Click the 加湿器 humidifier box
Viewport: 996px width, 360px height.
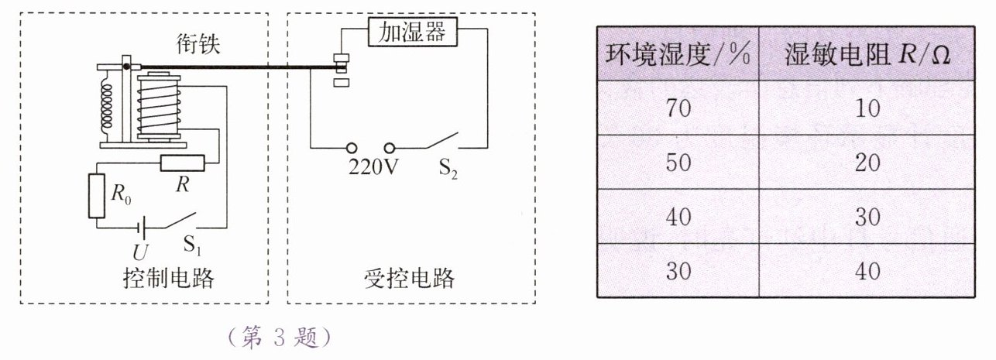click(x=412, y=33)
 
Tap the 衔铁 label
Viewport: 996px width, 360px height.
click(x=197, y=46)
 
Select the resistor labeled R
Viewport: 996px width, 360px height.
click(x=182, y=163)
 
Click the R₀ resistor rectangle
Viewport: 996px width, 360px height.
click(x=97, y=196)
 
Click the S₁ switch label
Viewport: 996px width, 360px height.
click(x=193, y=247)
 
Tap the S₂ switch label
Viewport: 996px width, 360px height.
click(x=448, y=169)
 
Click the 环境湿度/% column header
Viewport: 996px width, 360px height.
click(x=678, y=54)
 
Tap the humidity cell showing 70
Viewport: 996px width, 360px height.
click(x=678, y=108)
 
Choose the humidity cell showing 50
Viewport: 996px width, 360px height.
click(x=678, y=162)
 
